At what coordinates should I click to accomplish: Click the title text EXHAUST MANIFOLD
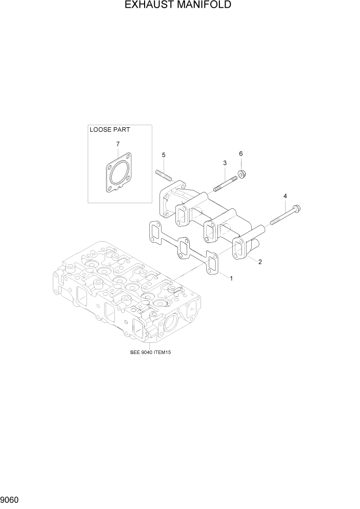coord(180,6)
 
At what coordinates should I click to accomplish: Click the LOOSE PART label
coord(109,130)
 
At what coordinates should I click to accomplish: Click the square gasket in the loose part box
coord(119,177)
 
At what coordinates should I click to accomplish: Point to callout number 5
coord(164,154)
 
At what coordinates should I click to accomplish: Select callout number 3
coord(225,163)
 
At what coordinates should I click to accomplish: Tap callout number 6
coord(241,153)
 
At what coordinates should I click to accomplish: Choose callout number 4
coord(285,195)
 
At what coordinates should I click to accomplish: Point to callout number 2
coord(261,262)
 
